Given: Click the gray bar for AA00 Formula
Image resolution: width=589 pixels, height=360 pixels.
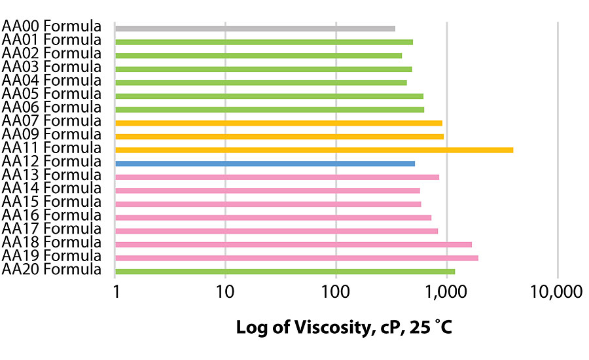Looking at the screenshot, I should click(255, 29).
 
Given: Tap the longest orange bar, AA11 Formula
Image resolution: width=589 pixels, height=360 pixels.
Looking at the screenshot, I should click(314, 150).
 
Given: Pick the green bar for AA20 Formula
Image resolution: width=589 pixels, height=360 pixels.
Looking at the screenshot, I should click(285, 271).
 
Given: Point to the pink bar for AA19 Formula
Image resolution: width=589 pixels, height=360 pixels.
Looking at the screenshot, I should click(296, 258).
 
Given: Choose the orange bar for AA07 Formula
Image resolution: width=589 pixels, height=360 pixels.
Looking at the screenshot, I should click(279, 123).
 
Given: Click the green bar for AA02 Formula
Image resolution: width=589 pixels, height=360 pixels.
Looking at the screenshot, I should click(259, 56).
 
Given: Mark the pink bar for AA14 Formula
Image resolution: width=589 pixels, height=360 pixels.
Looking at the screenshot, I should click(267, 190).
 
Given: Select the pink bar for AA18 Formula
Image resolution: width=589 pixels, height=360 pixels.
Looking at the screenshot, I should click(293, 245).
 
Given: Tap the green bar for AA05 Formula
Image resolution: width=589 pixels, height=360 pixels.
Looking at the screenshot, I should click(269, 96).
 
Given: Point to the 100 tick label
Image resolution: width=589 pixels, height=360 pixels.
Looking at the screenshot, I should click(336, 293).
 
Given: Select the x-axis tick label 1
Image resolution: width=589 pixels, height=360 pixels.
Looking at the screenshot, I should click(115, 293).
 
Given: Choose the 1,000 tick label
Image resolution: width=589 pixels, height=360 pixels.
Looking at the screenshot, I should click(446, 293).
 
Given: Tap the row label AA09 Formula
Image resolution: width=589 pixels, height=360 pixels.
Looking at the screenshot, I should click(52, 135).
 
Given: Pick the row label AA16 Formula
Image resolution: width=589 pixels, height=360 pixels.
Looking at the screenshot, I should click(52, 215).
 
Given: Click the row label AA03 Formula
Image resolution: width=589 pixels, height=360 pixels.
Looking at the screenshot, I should click(52, 67).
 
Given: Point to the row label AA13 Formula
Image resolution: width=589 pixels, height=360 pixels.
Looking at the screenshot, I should click(52, 175).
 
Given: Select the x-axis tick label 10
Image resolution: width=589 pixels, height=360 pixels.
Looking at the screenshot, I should click(225, 293).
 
